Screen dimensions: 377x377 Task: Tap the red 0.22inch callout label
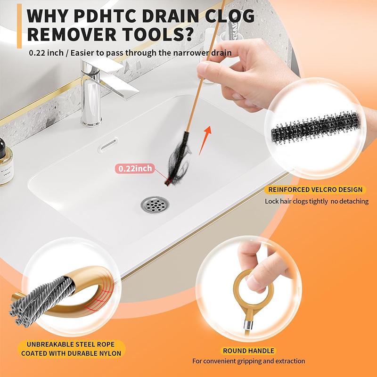[x=136, y=168]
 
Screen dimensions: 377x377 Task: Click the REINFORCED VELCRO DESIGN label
[x=315, y=190]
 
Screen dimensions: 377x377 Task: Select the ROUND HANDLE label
[x=248, y=351]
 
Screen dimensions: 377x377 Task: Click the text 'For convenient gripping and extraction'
[x=248, y=361]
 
